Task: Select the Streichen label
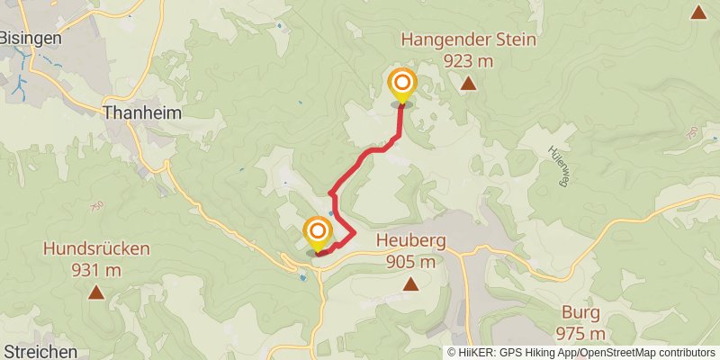pos(39,351)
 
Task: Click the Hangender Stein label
pos(469,40)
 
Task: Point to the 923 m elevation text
pos(469,60)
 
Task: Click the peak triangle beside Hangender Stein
pos(468,85)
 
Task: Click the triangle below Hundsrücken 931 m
pos(95,292)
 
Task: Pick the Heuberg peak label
pos(410,241)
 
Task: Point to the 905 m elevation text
pos(410,261)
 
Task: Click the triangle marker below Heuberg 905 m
pos(410,284)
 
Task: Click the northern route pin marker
pos(401,85)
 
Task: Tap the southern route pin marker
pos(317,234)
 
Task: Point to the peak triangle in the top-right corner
pos(697,12)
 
